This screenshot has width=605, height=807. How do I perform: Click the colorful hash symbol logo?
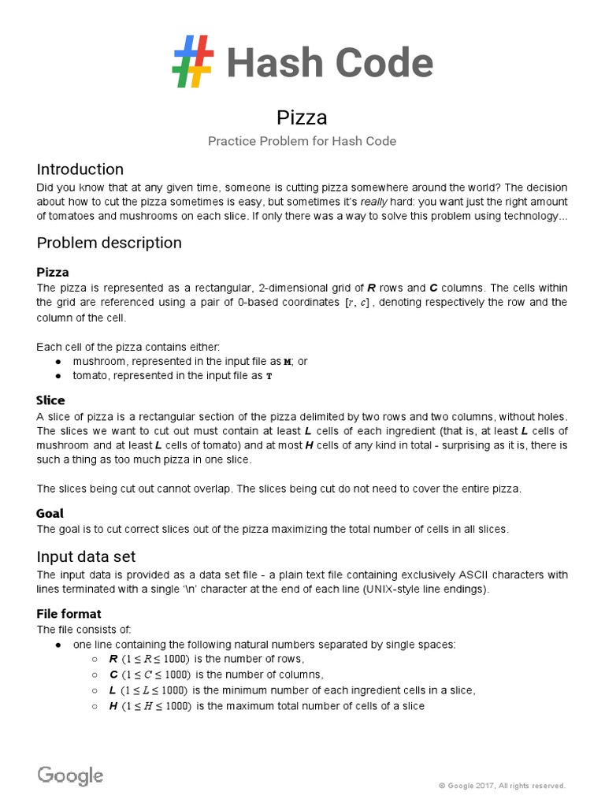(193, 62)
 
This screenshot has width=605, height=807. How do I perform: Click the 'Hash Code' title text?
(329, 64)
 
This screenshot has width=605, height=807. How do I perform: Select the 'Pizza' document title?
(302, 117)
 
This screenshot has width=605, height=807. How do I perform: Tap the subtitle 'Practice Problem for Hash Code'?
(302, 141)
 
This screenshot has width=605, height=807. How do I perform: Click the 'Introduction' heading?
(80, 169)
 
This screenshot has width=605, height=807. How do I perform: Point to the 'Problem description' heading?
(109, 243)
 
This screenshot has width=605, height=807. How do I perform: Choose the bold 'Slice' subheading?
(51, 400)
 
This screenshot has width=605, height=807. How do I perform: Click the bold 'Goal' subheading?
(50, 513)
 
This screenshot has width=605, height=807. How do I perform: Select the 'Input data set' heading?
(87, 557)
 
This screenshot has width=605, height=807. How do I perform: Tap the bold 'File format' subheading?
(69, 613)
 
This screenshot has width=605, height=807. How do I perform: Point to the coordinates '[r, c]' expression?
(351, 303)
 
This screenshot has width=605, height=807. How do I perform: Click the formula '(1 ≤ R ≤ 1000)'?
(157, 660)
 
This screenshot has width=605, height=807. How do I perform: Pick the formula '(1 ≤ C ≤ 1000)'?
(157, 675)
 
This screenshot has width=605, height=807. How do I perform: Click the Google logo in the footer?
(70, 775)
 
